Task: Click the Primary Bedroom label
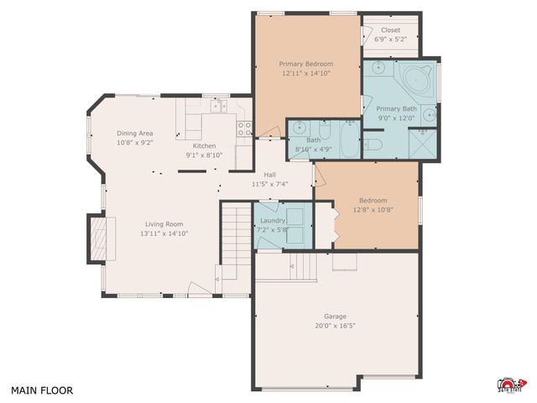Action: (x=306, y=64)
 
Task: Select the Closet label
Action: (x=390, y=29)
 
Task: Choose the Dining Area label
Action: (x=134, y=133)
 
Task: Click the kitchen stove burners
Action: (x=245, y=128)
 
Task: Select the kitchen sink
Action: (x=219, y=107)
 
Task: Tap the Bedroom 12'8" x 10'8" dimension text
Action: (x=373, y=211)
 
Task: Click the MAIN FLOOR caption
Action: (x=42, y=390)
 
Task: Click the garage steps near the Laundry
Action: (x=302, y=269)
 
